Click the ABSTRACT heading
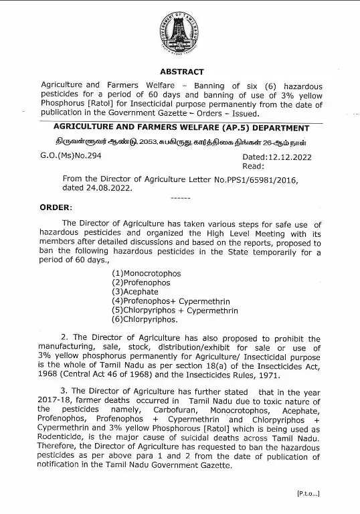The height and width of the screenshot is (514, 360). (x=181, y=72)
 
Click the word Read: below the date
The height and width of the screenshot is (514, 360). (x=253, y=165)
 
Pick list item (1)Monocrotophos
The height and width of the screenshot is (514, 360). (x=146, y=274)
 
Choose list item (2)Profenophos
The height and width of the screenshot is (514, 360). (x=142, y=283)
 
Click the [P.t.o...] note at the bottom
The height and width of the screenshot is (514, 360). (x=308, y=493)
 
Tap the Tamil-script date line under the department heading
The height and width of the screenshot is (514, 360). (x=181, y=142)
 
